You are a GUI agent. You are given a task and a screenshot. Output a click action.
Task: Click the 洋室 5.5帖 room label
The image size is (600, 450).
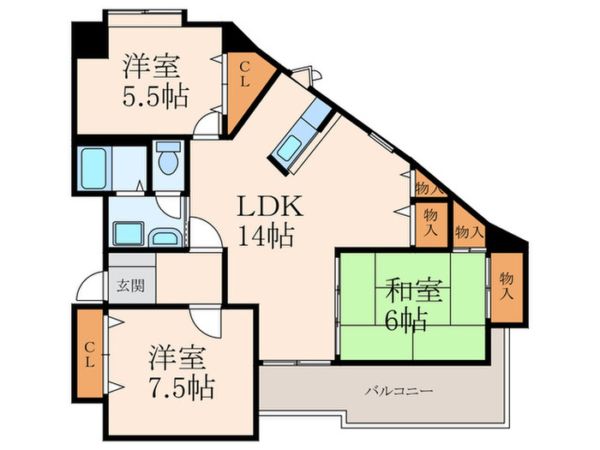(x=155, y=78)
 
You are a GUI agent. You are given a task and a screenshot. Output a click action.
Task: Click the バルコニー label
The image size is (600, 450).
(x=399, y=392)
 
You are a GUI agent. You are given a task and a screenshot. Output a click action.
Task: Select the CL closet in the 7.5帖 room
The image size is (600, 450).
(x=89, y=353)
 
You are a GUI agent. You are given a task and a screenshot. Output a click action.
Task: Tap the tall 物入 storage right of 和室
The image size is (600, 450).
(x=507, y=286)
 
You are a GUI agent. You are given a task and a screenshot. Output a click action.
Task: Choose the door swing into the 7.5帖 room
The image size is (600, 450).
(x=206, y=321)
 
